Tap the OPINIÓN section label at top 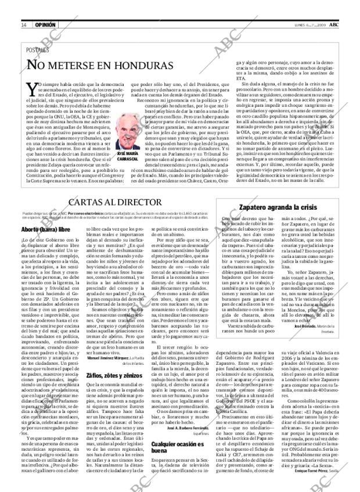(x=45, y=24)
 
